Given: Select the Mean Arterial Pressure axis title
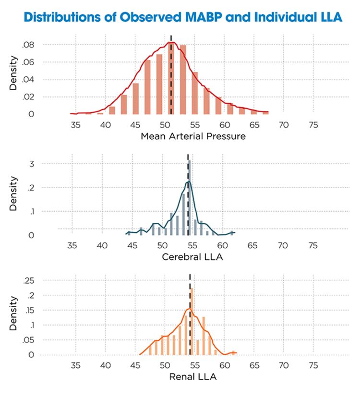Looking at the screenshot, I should (x=193, y=136).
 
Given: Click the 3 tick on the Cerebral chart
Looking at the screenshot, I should (x=31, y=164).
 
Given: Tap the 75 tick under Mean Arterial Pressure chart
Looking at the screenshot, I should (x=313, y=126).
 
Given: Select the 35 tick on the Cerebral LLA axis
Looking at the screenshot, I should (x=72, y=246).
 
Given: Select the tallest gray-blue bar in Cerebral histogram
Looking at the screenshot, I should (x=190, y=197).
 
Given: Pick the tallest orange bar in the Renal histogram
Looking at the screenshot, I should (x=192, y=322).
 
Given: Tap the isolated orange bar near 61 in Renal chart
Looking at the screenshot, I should (x=233, y=353).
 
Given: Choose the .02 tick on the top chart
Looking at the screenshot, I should (x=28, y=97).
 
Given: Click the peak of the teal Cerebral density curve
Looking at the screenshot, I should (x=188, y=181).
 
